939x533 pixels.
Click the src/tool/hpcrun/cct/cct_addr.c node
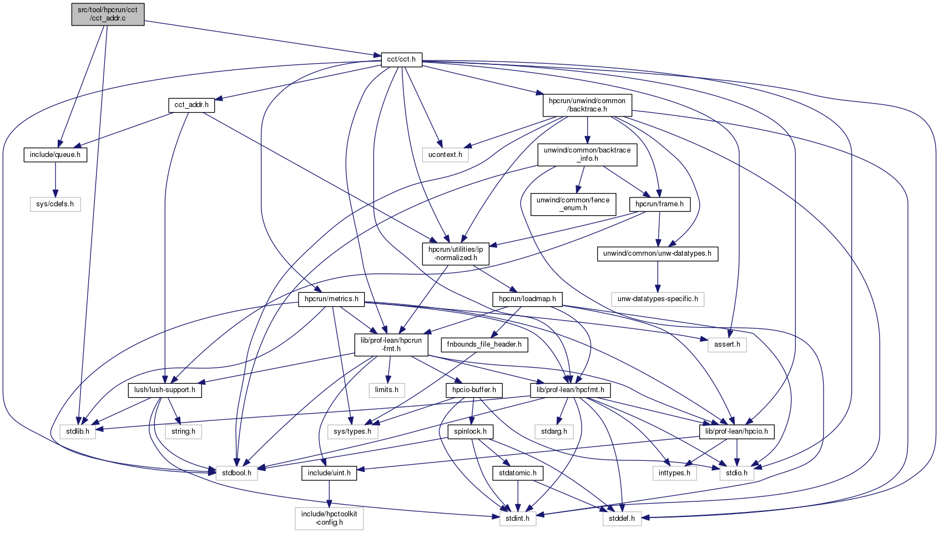[108, 14]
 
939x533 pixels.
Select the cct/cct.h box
[401, 59]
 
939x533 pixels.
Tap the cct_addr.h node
[191, 104]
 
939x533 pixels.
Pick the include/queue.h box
[55, 155]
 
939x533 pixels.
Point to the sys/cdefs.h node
[55, 204]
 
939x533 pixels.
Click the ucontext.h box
[445, 155]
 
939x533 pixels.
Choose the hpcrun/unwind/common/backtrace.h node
[587, 105]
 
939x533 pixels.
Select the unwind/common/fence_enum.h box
[573, 204]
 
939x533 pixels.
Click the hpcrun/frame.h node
[659, 204]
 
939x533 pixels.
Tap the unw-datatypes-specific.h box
[658, 299]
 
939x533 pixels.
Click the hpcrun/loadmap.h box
[527, 299]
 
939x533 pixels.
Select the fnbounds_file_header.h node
[484, 344]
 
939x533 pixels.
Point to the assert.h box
[727, 344]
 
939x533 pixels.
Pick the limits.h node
[387, 390]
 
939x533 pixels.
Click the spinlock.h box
[470, 432]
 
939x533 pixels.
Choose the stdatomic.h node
[518, 473]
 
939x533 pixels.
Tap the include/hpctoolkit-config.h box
[329, 518]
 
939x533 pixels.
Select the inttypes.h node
[674, 473]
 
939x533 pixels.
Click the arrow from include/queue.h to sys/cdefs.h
[55, 179]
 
